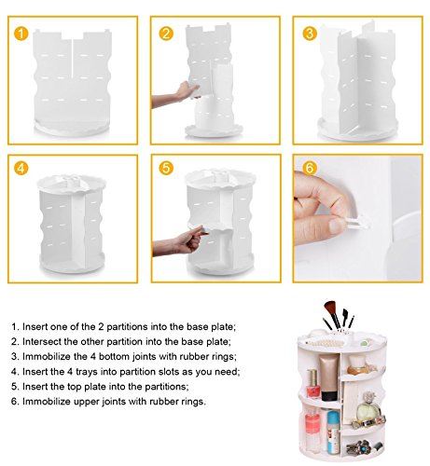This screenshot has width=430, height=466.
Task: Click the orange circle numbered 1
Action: [21, 34]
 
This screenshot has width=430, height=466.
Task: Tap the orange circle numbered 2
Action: [166, 34]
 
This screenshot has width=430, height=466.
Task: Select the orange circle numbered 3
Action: [310, 34]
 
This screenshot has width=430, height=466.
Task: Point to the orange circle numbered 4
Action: [21, 169]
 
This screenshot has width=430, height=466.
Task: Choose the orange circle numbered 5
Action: [166, 168]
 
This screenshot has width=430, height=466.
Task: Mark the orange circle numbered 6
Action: [310, 168]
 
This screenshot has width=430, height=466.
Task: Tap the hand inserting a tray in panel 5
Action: [182, 240]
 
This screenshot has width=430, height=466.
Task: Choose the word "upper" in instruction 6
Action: [86, 402]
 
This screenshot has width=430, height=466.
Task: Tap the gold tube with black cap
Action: [328, 377]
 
